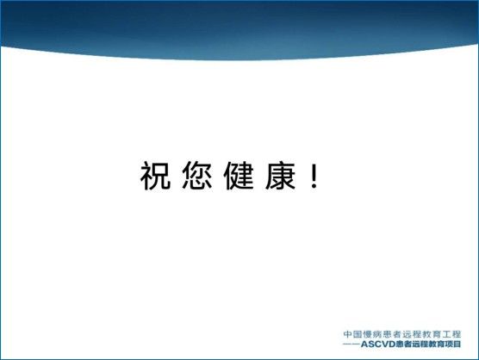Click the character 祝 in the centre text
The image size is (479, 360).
155,176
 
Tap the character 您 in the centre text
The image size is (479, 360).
197,176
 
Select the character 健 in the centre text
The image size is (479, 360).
239,176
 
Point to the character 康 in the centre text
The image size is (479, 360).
281,176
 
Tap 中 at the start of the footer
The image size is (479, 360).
348,334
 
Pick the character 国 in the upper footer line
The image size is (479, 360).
358,334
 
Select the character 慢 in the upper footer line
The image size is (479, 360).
368,334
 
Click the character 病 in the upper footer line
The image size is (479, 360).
377,334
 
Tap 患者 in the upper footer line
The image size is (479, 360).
393,334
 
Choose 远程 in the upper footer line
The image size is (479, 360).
412,334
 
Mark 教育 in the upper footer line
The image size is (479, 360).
432,334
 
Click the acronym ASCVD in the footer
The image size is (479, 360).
378,344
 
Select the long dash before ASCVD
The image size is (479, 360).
351,344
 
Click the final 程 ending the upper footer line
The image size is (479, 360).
457,334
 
